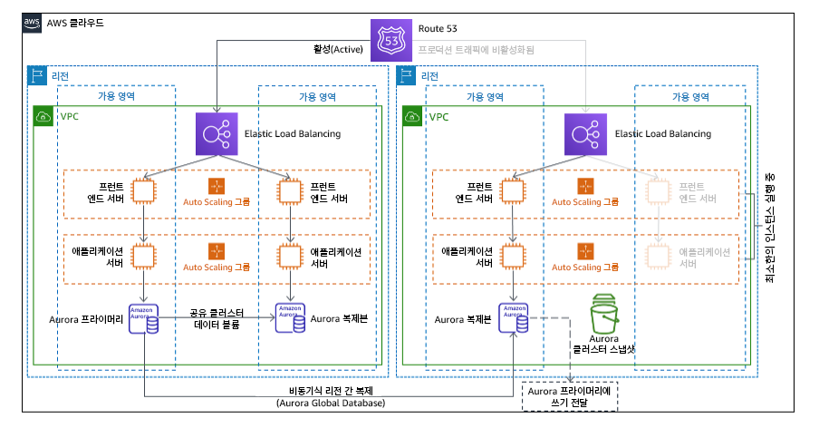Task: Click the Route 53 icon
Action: [x=392, y=40]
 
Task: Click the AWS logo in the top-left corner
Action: [x=32, y=21]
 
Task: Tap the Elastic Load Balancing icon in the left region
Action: [x=217, y=134]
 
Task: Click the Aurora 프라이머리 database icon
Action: [x=145, y=317]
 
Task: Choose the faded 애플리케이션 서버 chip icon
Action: [x=660, y=257]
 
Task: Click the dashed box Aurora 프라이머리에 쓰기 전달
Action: [x=572, y=394]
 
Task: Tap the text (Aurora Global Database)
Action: [x=331, y=403]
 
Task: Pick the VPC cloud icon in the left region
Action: [x=43, y=117]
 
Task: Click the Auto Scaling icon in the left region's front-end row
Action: [x=216, y=186]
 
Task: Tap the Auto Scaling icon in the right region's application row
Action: [x=585, y=250]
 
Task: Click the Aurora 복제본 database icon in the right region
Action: [x=515, y=317]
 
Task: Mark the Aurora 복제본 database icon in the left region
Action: [x=291, y=317]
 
